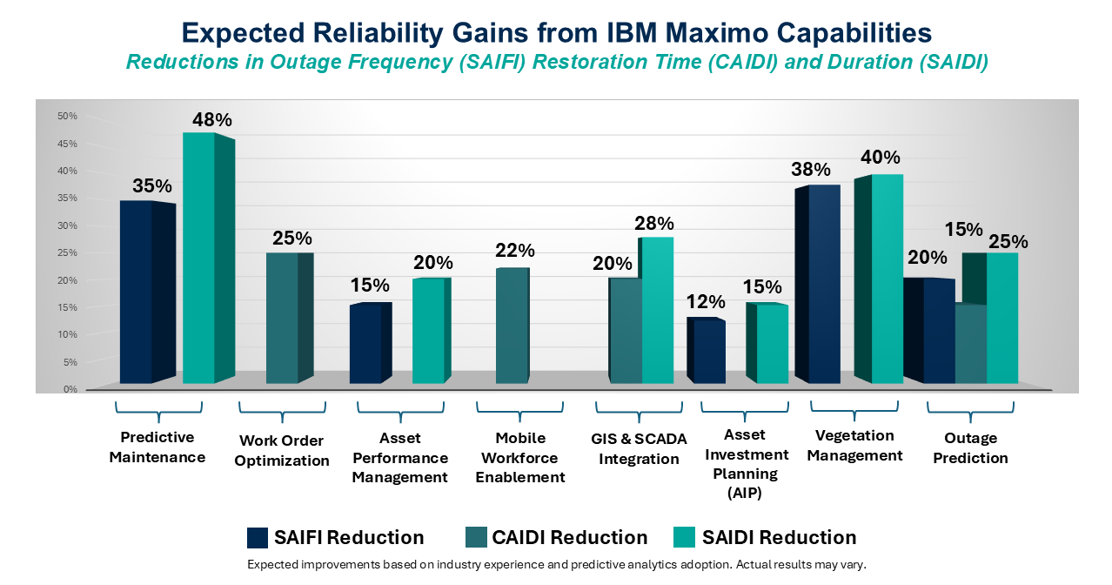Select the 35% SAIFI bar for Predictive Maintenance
[x=137, y=292]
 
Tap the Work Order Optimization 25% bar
[x=282, y=319]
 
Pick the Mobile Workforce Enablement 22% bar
[x=512, y=326]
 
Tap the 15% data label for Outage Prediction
[x=963, y=230]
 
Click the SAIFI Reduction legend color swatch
[x=257, y=537]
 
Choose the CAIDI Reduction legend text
[x=569, y=537]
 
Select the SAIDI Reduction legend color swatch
[x=686, y=537]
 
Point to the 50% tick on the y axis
[x=67, y=116]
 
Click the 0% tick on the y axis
[x=70, y=389]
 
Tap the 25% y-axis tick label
[x=67, y=252]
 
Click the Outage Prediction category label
[x=970, y=448]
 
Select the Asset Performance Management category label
[x=400, y=458]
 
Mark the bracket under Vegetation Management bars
[x=854, y=409]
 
